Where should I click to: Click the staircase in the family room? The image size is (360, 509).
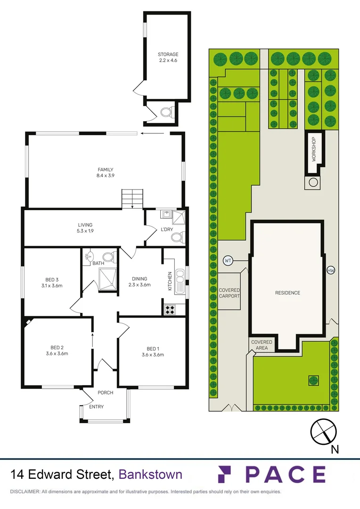point(132,197)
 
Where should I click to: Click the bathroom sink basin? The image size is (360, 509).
point(90,257)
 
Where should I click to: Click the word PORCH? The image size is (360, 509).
point(106,393)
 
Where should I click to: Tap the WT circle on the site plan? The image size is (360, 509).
point(228,260)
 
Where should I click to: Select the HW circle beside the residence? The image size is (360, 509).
point(331,271)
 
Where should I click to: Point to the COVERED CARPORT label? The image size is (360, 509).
point(229,293)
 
